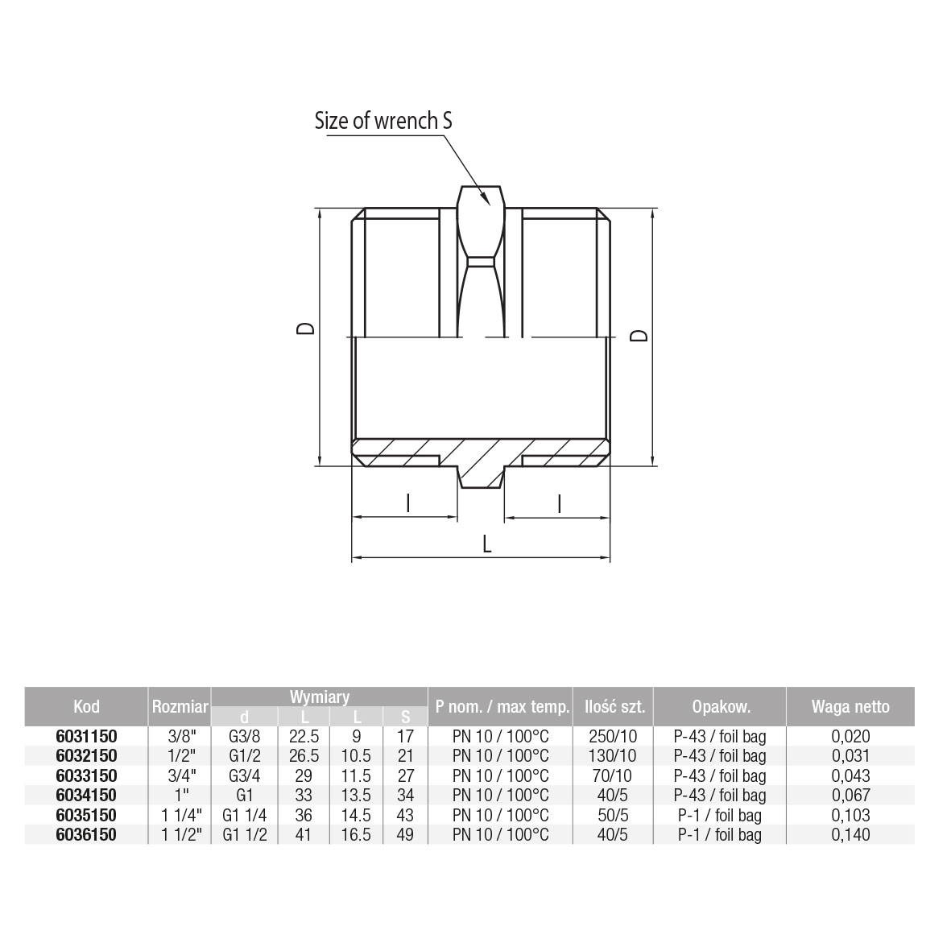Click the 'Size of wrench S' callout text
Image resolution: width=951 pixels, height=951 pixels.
(x=382, y=121)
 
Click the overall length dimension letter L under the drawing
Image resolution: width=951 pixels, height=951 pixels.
(x=486, y=544)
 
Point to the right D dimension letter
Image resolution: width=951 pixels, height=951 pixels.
(x=639, y=336)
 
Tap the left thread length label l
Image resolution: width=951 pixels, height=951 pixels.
(x=408, y=502)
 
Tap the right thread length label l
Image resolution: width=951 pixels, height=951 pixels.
(x=559, y=504)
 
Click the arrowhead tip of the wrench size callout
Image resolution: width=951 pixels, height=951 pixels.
(x=489, y=205)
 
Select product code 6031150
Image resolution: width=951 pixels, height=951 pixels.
(x=86, y=736)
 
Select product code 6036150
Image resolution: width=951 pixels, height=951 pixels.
(x=86, y=834)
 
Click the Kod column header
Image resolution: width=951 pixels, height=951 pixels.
(x=86, y=706)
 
